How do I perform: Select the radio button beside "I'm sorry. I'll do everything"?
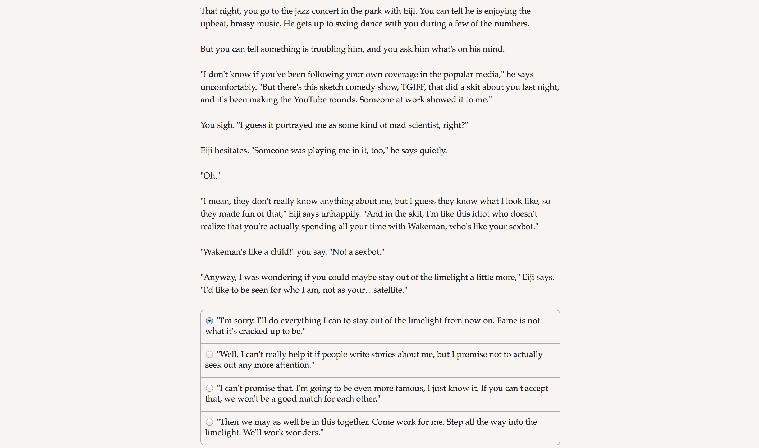(209, 321)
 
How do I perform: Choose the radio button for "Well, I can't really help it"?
(209, 354)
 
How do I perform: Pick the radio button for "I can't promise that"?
(209, 388)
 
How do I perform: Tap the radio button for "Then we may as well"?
(209, 422)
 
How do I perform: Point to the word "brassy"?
(242, 24)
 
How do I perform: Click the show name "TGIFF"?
(413, 87)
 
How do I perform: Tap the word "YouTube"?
(310, 100)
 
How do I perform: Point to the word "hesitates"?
(231, 151)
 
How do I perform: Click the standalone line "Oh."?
(210, 176)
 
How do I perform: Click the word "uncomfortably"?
(228, 87)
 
